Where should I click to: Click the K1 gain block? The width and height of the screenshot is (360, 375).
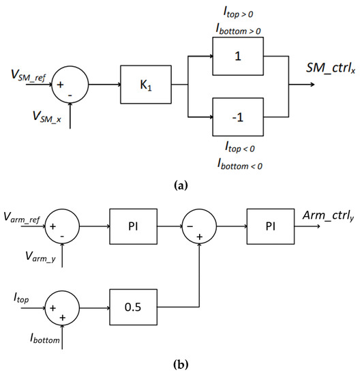click(x=145, y=86)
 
